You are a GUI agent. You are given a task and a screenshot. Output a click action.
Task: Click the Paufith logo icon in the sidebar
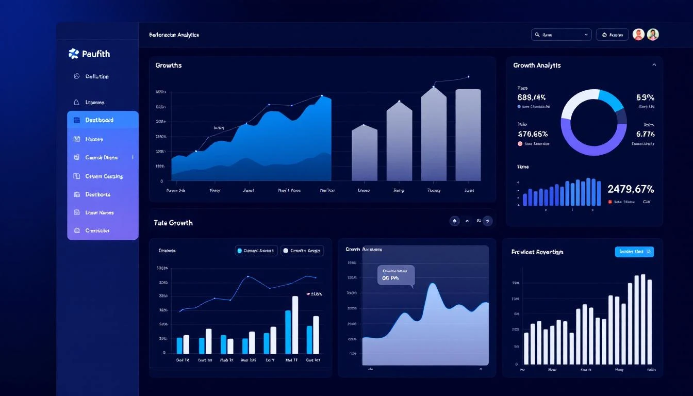[x=74, y=54]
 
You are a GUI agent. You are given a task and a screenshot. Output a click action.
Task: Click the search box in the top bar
[x=561, y=35]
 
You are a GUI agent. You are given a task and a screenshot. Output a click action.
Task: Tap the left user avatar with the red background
[x=638, y=35]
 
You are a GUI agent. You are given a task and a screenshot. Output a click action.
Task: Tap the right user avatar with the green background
[x=653, y=35]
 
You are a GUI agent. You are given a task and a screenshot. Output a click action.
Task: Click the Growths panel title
[x=168, y=65]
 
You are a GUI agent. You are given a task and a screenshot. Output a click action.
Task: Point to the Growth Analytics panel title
[x=537, y=65]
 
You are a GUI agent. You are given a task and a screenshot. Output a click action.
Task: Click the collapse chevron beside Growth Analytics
[x=654, y=65]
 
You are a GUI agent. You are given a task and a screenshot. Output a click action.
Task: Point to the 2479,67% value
[x=631, y=189]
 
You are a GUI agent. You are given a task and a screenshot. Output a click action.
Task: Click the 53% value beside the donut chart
[x=645, y=97]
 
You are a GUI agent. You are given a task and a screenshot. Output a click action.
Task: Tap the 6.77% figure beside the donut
[x=645, y=134]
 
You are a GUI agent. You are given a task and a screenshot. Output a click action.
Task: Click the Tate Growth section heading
[x=173, y=223]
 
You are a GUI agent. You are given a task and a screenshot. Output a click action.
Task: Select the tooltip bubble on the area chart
[x=395, y=275]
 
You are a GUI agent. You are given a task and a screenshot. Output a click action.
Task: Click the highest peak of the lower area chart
[x=432, y=285]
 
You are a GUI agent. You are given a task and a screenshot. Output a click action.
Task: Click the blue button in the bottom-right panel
[x=634, y=252]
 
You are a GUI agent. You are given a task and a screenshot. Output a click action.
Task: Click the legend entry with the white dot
[x=302, y=251]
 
